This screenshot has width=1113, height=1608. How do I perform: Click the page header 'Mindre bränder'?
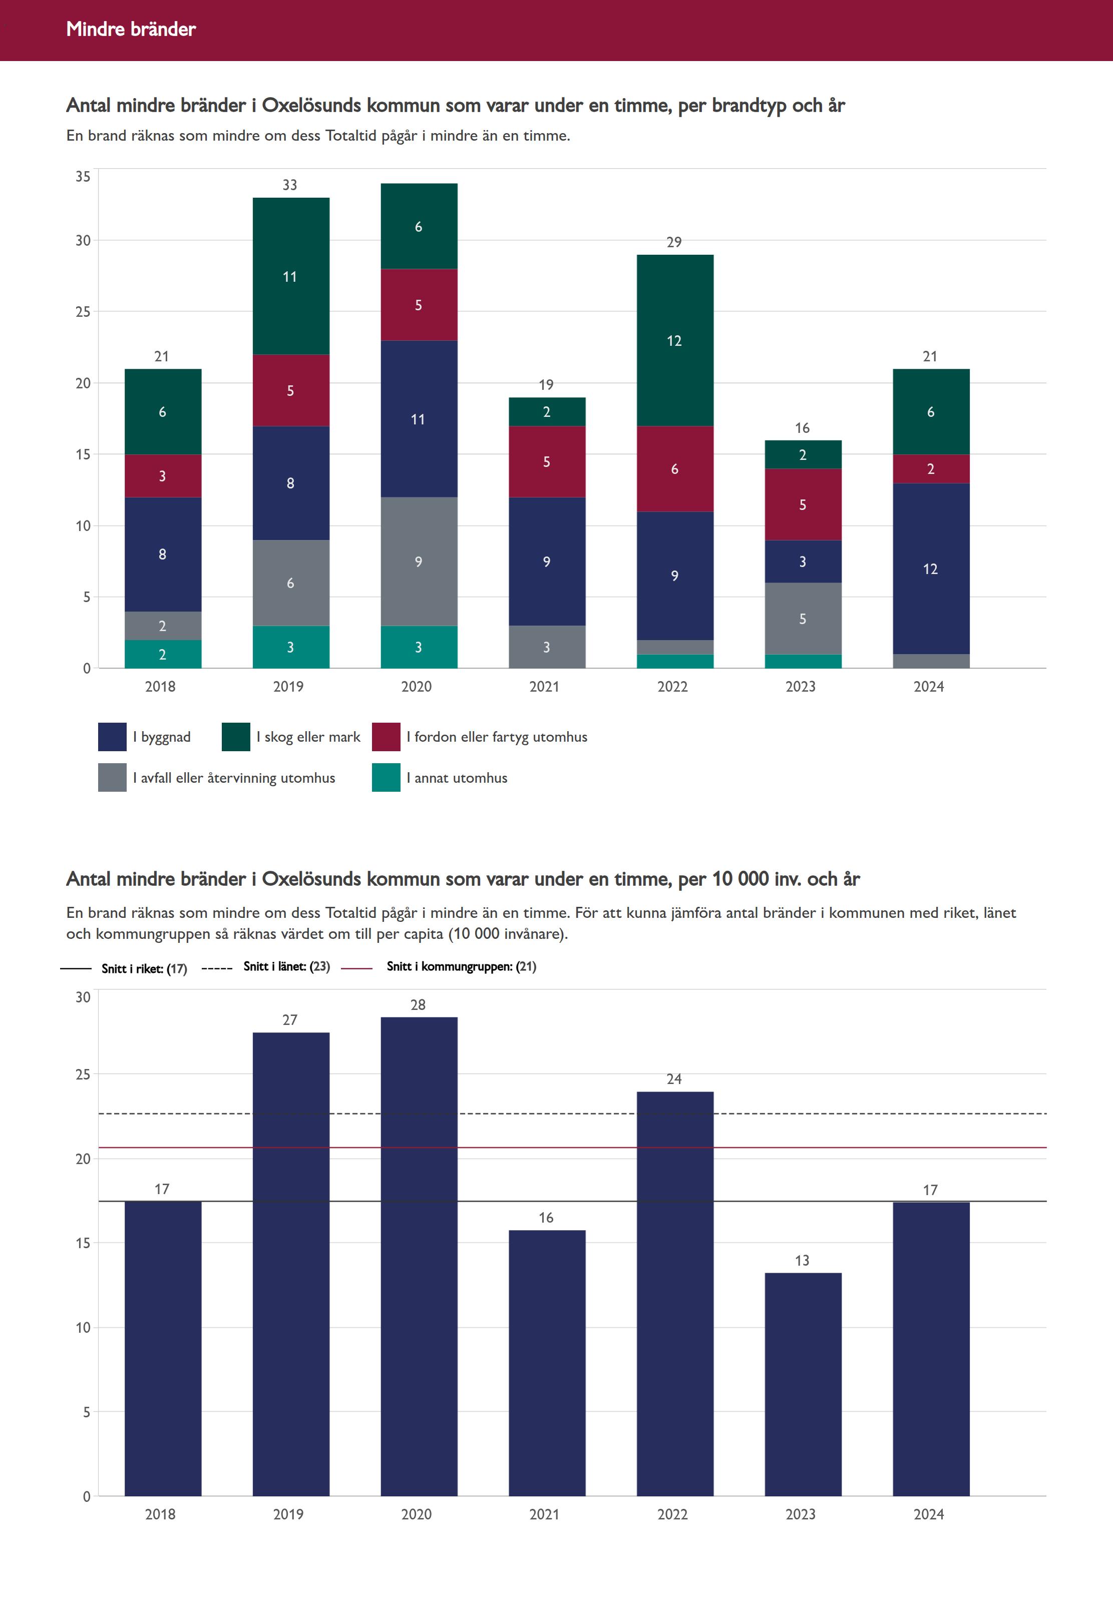131,29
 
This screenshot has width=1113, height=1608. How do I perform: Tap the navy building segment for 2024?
931,568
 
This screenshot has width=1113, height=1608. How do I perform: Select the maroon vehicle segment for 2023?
803,504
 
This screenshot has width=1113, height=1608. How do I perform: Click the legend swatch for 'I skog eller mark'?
236,737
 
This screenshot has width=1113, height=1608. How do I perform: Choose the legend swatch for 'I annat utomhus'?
386,778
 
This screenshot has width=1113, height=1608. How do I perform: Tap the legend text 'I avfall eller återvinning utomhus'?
234,778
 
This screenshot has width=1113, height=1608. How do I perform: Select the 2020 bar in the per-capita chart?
419,1255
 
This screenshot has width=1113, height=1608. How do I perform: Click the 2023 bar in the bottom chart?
803,1384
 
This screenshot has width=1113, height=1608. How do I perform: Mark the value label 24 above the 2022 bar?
674,1079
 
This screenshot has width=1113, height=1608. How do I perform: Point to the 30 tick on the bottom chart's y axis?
83,997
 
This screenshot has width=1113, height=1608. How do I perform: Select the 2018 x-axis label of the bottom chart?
160,1514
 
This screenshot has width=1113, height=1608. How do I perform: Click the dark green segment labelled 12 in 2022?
674,340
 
